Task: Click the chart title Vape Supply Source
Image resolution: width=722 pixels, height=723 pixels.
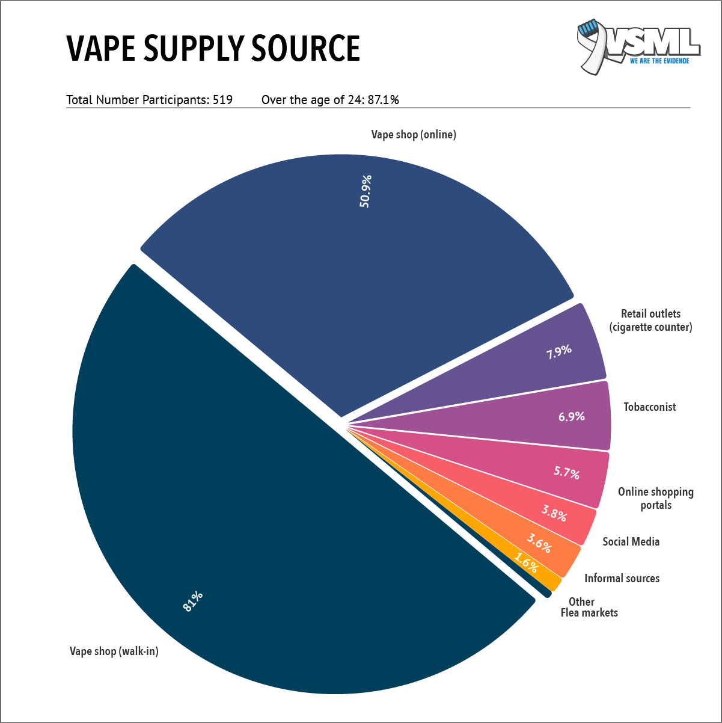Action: [x=213, y=48]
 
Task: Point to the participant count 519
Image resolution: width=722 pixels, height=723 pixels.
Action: [x=222, y=100]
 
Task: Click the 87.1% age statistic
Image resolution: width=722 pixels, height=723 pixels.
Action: [x=383, y=100]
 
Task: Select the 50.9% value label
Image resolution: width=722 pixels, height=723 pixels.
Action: [x=366, y=191]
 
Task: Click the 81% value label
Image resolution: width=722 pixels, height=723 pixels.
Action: [x=193, y=601]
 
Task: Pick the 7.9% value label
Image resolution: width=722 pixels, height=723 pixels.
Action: [x=558, y=351]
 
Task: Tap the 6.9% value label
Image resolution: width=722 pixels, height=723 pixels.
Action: [x=571, y=416]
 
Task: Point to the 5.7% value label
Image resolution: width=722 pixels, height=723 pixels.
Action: [x=566, y=472]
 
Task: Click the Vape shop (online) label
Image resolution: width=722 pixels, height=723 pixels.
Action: [x=414, y=135]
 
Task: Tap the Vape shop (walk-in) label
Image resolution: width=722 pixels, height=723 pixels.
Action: [x=114, y=651]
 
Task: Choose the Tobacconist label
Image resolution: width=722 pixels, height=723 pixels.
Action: [x=649, y=407]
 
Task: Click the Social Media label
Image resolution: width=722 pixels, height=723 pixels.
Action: [x=631, y=542]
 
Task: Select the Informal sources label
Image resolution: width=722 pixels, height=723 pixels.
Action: [x=622, y=579]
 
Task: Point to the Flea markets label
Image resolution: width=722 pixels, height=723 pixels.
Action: [x=589, y=613]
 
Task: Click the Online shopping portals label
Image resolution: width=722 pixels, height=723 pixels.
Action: [x=655, y=499]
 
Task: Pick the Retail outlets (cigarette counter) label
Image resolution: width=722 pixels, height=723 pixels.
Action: [x=650, y=321]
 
